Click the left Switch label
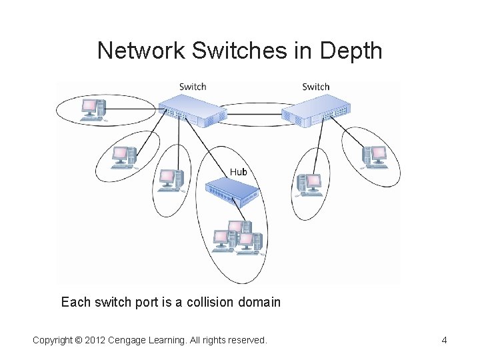[193, 87]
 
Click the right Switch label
[315, 87]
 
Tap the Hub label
[238, 172]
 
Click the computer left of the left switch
[92, 109]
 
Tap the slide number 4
[444, 341]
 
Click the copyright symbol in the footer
[79, 341]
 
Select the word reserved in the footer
[245, 341]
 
